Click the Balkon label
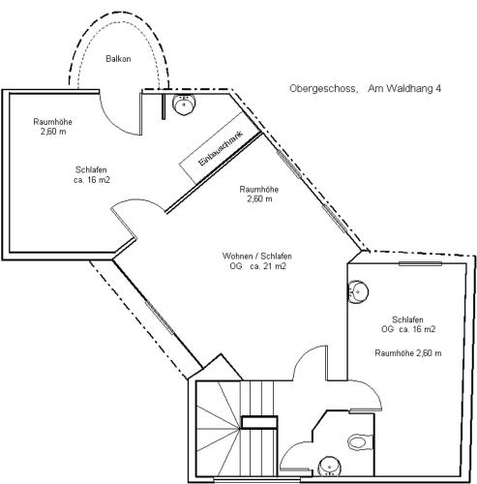click(x=118, y=59)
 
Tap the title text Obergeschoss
click(x=323, y=88)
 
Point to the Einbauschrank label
click(x=221, y=148)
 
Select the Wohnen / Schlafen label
click(x=257, y=256)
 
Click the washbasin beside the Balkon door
click(x=184, y=104)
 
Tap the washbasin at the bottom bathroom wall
click(x=329, y=467)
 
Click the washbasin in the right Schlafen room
click(x=358, y=292)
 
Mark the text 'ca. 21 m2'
click(x=268, y=266)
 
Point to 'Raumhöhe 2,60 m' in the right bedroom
click(x=408, y=353)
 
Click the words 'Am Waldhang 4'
click(x=404, y=88)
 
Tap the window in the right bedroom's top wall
click(x=420, y=263)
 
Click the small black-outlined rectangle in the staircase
click(x=259, y=422)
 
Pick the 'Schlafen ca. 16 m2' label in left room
click(x=92, y=174)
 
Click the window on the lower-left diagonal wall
click(x=160, y=318)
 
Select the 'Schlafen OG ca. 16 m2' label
click(x=408, y=324)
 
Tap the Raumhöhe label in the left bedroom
click(x=53, y=127)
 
